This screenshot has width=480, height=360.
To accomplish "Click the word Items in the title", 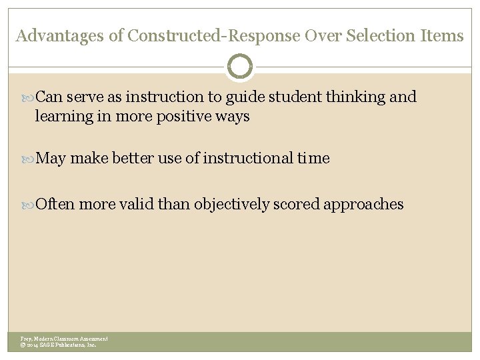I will click(x=443, y=36).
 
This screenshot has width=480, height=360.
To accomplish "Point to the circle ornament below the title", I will click(x=240, y=67).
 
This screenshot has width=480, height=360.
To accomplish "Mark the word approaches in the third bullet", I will click(x=363, y=205).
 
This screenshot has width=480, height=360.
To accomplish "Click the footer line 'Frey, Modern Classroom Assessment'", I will click(x=64, y=339).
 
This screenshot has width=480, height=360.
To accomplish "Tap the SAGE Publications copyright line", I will click(x=59, y=345).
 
